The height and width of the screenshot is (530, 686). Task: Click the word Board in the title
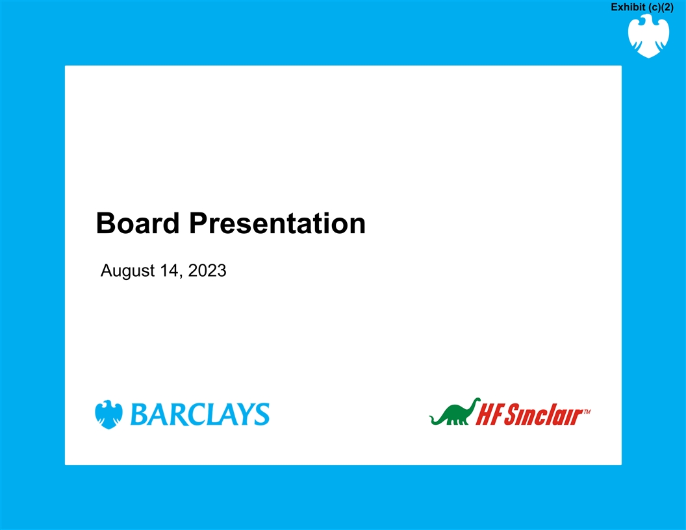coord(137,223)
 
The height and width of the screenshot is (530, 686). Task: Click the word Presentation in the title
coord(277,223)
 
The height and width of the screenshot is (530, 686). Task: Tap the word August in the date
coord(128,271)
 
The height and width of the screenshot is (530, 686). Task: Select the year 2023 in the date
coord(207,270)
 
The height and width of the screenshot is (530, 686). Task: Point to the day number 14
coord(169,270)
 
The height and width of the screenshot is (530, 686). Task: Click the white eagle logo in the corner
coord(648,36)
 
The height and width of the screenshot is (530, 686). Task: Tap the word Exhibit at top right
coord(628,7)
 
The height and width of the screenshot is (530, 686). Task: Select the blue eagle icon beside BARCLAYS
coord(108,414)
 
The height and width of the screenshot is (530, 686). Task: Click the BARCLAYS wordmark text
coord(200,414)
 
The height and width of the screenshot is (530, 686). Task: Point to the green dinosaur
coord(455,412)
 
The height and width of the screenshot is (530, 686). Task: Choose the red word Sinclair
coord(543,414)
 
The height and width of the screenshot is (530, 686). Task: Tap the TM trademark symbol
coord(587,412)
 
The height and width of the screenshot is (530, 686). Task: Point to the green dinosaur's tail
coord(435,420)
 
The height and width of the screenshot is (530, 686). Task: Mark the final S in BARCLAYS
coord(261,414)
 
